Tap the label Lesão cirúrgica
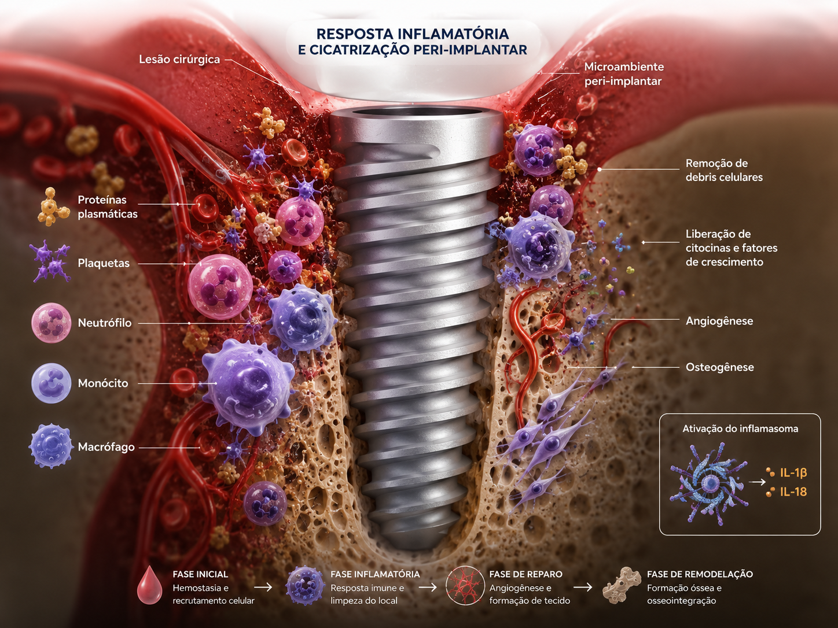[179, 60]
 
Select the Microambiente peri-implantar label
[624, 74]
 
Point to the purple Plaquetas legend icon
[50, 262]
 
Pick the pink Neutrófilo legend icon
[51, 323]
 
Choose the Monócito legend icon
[51, 383]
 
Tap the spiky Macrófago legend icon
[51, 446]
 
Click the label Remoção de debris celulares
[724, 170]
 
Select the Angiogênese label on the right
[719, 321]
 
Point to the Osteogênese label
[719, 367]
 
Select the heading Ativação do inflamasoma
[740, 428]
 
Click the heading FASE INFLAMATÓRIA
[375, 574]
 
